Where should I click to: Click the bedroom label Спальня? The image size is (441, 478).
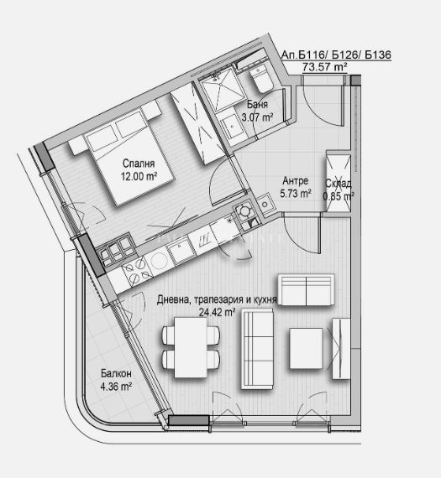pyautogui.click(x=139, y=164)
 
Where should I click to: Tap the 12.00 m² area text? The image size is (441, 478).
pyautogui.click(x=139, y=176)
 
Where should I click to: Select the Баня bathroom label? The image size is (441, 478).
pyautogui.click(x=257, y=105)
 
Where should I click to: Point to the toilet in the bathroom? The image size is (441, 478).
pyautogui.click(x=261, y=79)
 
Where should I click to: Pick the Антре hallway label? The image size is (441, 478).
pyautogui.click(x=296, y=181)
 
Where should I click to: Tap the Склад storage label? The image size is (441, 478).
pyautogui.click(x=338, y=183)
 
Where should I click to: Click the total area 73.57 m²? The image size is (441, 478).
pyautogui.click(x=324, y=66)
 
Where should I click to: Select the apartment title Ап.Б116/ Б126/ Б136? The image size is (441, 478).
pyautogui.click(x=336, y=55)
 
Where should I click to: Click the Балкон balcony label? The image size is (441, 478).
pyautogui.click(x=116, y=373)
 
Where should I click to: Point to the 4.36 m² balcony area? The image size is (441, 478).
pyautogui.click(x=116, y=387)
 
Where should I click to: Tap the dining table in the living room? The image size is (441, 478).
pyautogui.click(x=191, y=347)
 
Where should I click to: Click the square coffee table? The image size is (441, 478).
pyautogui.click(x=306, y=348)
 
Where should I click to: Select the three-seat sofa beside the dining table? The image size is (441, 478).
pyautogui.click(x=257, y=349)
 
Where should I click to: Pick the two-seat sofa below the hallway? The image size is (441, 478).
pyautogui.click(x=307, y=289)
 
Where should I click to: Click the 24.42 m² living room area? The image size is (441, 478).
pyautogui.click(x=218, y=312)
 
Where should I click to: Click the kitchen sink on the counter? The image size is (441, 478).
pyautogui.click(x=180, y=251)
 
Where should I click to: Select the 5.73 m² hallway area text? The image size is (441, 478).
pyautogui.click(x=296, y=193)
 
